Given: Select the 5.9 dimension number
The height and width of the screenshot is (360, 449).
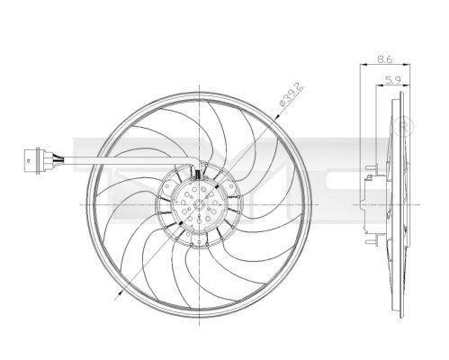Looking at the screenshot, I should pos(392,80).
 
